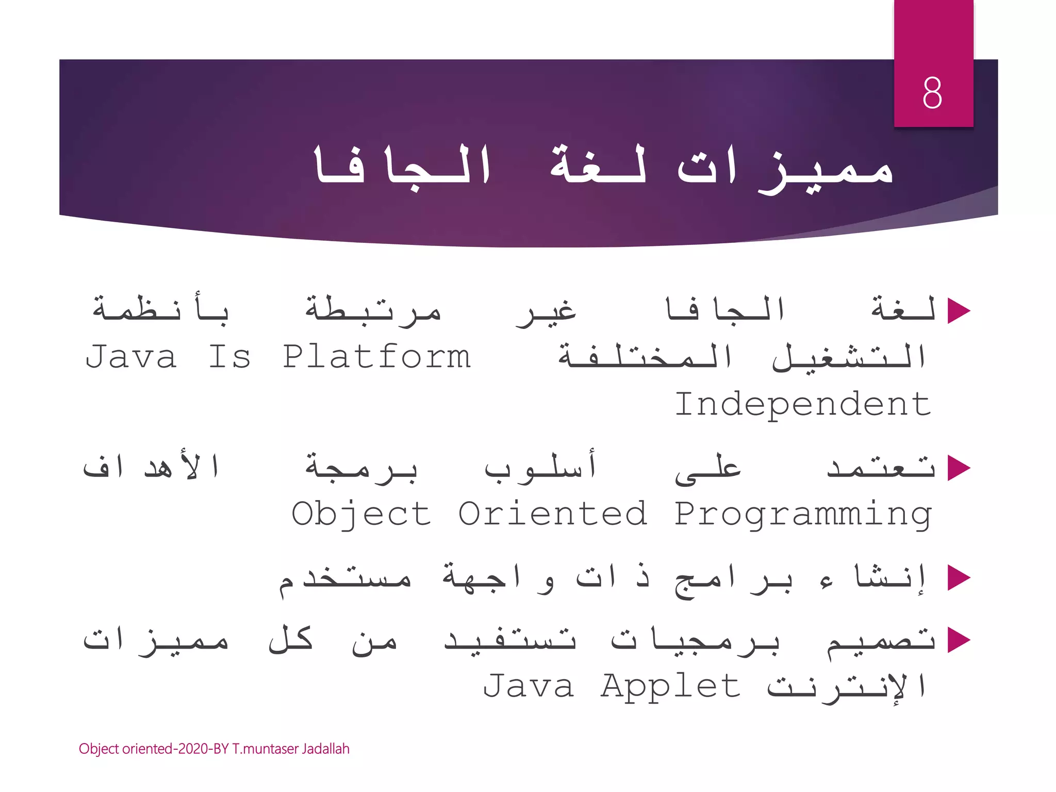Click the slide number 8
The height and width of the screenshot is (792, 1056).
932,93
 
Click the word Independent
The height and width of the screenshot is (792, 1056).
803,405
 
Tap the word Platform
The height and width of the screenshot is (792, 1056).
377,357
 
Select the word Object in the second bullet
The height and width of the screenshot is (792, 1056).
361,515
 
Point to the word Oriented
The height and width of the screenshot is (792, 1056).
552,514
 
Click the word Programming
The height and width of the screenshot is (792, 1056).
803,515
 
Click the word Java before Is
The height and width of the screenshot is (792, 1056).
131,357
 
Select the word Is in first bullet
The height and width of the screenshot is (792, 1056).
229,357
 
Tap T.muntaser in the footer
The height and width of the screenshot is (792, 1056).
265,749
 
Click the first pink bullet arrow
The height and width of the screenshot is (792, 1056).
958,311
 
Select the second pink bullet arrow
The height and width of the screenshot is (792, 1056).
958,469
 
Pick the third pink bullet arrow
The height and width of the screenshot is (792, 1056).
958,577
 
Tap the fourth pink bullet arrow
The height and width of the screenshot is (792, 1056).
958,640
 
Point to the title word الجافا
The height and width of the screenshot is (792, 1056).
402,165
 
